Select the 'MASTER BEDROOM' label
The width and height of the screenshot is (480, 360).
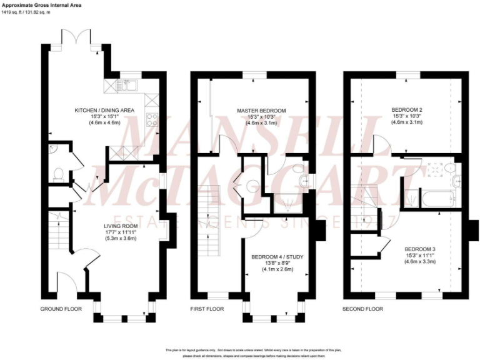(x=261, y=111)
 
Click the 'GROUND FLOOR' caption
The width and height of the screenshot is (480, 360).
(x=60, y=309)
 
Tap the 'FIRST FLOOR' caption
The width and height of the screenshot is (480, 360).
(x=207, y=309)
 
